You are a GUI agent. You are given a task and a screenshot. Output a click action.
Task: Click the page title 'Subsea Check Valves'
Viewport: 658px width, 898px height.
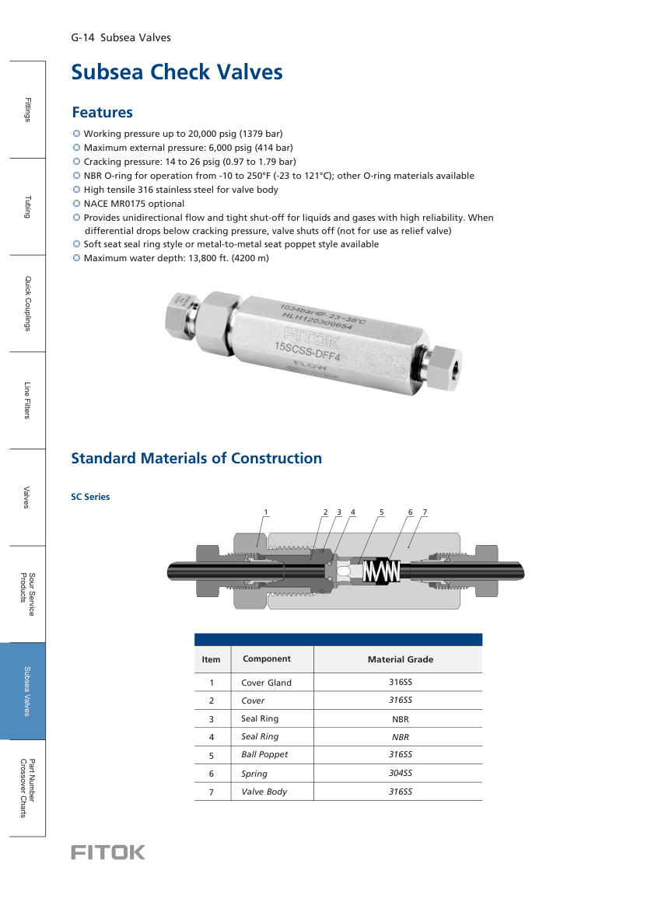pyautogui.click(x=177, y=72)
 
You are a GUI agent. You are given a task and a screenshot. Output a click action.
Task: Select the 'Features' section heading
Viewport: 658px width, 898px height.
pyautogui.click(x=102, y=113)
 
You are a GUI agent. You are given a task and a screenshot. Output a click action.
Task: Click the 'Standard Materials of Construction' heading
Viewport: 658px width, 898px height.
pyautogui.click(x=196, y=458)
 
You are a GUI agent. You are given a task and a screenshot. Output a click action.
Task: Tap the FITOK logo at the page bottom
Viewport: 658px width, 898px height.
pyautogui.click(x=108, y=852)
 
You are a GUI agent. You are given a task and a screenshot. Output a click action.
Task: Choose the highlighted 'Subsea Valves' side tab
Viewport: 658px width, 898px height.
pyautogui.click(x=26, y=690)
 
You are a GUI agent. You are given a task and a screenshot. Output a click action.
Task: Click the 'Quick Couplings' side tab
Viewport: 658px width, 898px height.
pyautogui.click(x=26, y=303)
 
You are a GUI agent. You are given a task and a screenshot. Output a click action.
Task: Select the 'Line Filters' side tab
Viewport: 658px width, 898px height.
pyautogui.click(x=26, y=400)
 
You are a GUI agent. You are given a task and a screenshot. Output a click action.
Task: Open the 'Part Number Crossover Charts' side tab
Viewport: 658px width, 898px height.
pyautogui.click(x=26, y=788)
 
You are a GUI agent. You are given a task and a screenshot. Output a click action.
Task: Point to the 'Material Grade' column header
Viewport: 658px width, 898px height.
pyautogui.click(x=400, y=659)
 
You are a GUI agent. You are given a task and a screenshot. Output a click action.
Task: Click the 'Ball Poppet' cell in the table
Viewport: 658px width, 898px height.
pyautogui.click(x=264, y=754)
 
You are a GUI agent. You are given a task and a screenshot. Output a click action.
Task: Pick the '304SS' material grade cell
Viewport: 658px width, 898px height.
pyautogui.click(x=400, y=773)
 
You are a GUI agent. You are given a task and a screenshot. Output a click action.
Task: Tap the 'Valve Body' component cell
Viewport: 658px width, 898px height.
pyautogui.click(x=264, y=791)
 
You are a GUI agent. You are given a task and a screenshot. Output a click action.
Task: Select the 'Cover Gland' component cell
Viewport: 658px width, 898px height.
pyautogui.click(x=266, y=683)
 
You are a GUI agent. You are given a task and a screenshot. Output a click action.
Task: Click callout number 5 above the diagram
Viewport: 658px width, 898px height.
pyautogui.click(x=382, y=512)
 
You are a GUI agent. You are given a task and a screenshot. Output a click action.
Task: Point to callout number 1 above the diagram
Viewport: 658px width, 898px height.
pyautogui.click(x=265, y=512)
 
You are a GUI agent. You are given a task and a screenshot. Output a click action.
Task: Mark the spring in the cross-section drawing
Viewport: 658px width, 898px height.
pyautogui.click(x=382, y=571)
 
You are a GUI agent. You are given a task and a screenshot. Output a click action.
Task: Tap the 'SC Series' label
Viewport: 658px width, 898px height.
pyautogui.click(x=90, y=497)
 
